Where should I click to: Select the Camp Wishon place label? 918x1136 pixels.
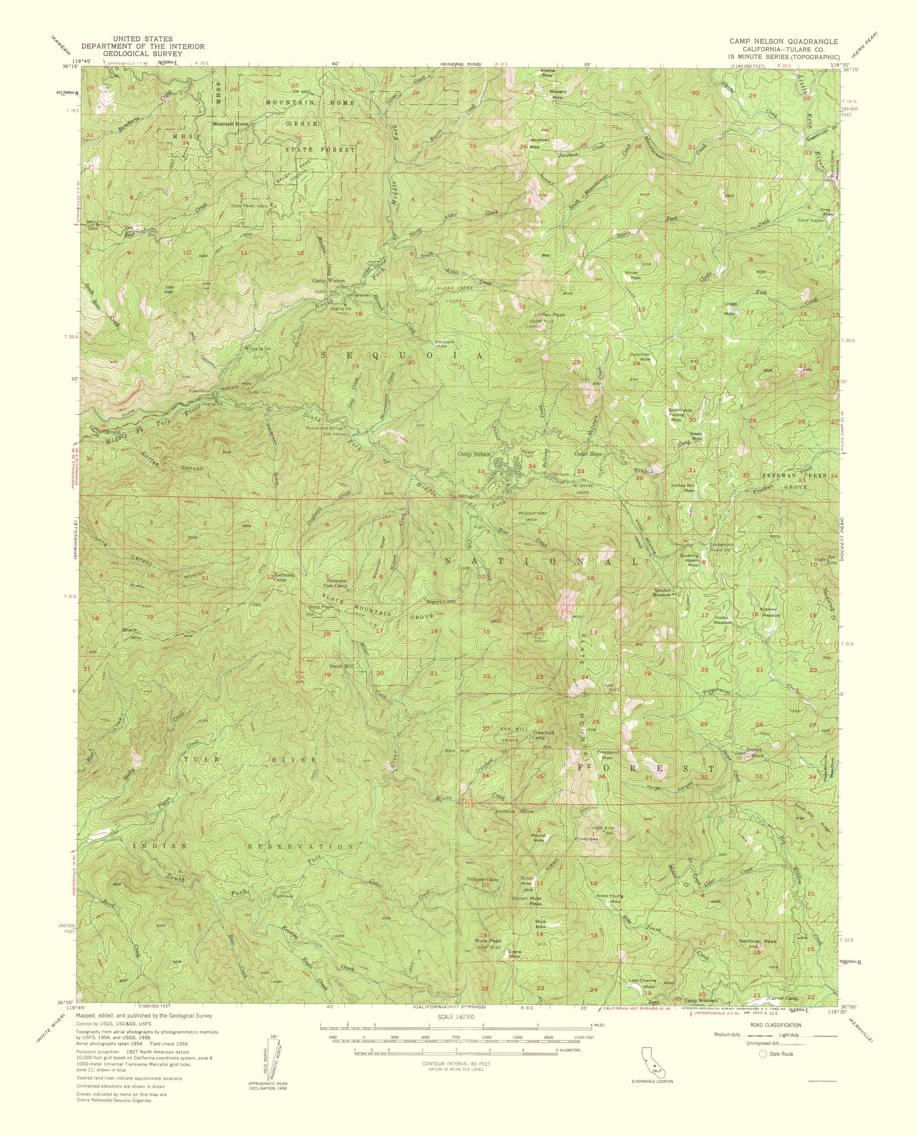click(x=328, y=281)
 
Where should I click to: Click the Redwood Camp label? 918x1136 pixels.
click(x=284, y=577)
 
